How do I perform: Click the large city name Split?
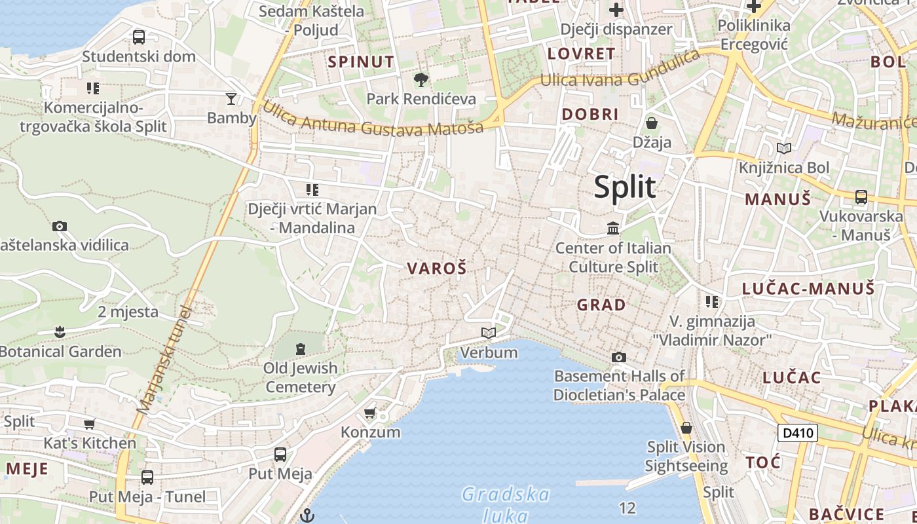(624, 187)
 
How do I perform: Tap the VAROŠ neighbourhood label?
(437, 268)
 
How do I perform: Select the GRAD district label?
(601, 305)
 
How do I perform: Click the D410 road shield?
(798, 432)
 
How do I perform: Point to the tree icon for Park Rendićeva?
(421, 80)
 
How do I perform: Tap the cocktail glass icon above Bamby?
(231, 99)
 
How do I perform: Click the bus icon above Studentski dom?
(139, 37)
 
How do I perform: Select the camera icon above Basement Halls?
(618, 357)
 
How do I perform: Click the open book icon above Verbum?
(489, 333)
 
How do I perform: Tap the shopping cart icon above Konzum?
(370, 413)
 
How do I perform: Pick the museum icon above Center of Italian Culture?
(613, 229)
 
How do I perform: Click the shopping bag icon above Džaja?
(652, 123)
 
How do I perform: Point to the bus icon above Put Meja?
(280, 454)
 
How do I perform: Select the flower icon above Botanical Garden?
(60, 332)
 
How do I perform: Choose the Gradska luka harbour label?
(505, 503)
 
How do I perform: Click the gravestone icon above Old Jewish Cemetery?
(301, 348)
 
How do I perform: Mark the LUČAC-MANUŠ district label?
(808, 288)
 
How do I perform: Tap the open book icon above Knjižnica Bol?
(783, 148)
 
